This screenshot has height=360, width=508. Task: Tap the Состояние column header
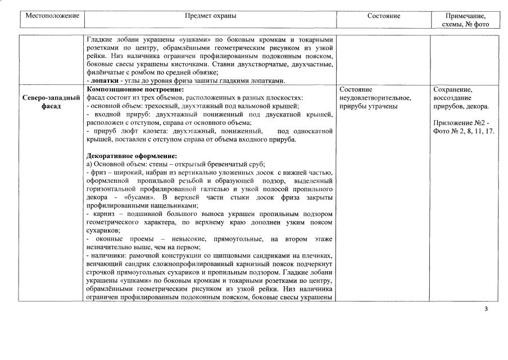point(384,16)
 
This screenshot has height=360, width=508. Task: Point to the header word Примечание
point(465,16)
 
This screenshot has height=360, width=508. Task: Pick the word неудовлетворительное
point(375,98)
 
